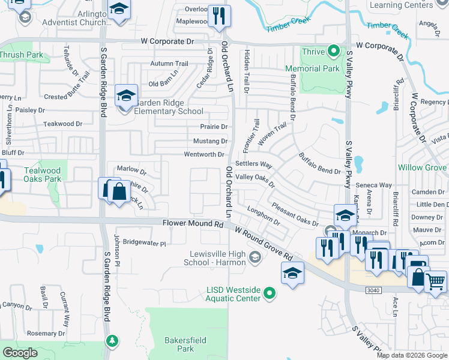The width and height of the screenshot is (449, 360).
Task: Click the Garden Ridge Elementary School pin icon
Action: click(x=127, y=97)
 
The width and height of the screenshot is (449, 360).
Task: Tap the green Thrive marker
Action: click(x=334, y=51)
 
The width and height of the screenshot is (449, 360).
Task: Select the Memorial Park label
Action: click(x=321, y=69)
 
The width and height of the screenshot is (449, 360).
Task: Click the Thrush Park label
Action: click(x=21, y=55)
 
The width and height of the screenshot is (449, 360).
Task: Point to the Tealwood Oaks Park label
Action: click(x=43, y=175)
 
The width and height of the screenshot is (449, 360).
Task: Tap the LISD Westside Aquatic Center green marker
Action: click(x=270, y=293)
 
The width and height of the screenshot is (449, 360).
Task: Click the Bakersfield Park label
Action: click(x=185, y=344)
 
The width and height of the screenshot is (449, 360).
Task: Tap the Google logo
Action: click(x=20, y=352)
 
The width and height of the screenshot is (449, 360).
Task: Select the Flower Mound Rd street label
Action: click(x=192, y=223)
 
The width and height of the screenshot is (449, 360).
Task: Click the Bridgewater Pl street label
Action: click(x=144, y=243)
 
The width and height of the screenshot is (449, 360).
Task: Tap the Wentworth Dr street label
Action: click(x=204, y=154)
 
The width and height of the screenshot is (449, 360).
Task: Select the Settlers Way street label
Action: click(x=254, y=164)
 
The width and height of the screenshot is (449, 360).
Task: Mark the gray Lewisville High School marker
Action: click(x=255, y=258)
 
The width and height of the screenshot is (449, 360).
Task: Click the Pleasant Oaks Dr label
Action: click(x=295, y=214)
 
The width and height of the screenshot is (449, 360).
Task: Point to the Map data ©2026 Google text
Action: click(x=412, y=355)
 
